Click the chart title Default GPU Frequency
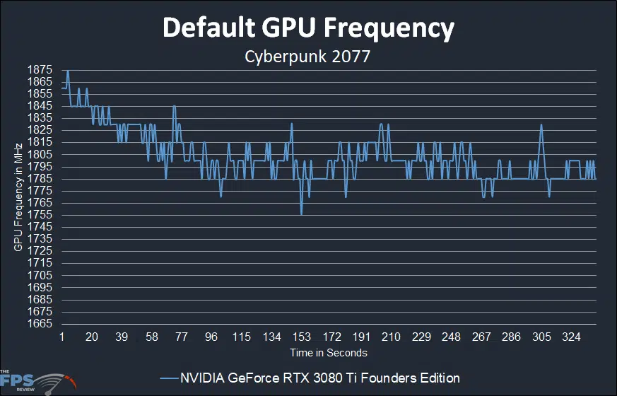click(x=308, y=28)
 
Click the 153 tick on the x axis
click(x=302, y=337)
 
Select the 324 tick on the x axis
click(x=571, y=337)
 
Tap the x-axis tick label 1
click(x=62, y=337)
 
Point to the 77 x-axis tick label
click(x=182, y=337)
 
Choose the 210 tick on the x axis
click(x=392, y=337)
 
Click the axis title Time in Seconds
click(x=328, y=352)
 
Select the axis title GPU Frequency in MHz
click(x=18, y=197)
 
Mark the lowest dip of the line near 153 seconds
click(x=302, y=214)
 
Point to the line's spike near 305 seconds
click(x=541, y=125)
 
